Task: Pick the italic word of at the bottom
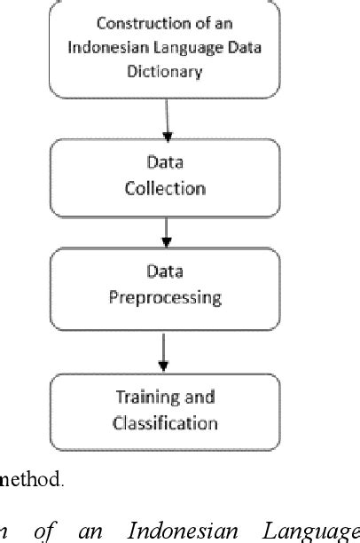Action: pos(44,531)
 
